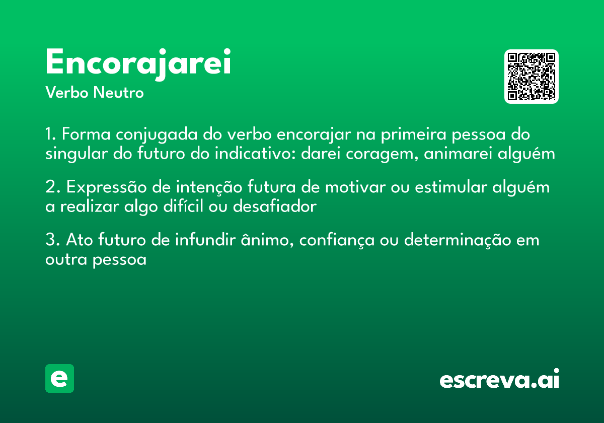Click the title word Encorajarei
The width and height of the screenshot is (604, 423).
point(138,63)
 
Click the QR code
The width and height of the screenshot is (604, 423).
point(531,77)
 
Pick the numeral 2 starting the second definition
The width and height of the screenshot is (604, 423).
point(50,187)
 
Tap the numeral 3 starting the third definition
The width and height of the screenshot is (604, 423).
point(50,240)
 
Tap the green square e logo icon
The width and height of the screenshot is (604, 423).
point(59,378)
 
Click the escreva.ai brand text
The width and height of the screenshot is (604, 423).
point(499,380)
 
